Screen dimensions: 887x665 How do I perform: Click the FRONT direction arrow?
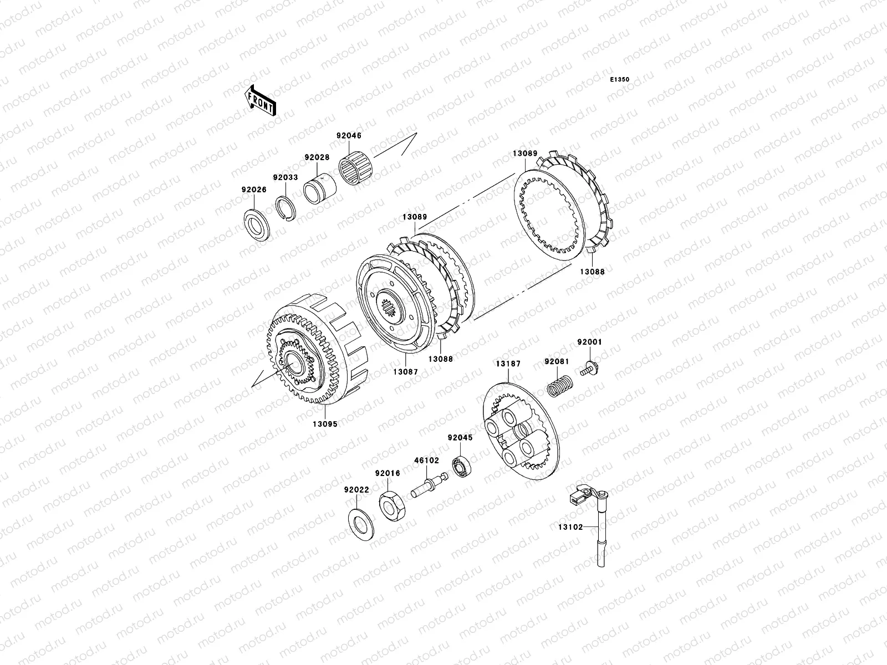click(260, 101)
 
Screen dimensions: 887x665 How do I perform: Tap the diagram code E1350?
click(619, 80)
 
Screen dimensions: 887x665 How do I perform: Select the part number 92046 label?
click(349, 136)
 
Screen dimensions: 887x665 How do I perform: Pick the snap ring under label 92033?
click(286, 208)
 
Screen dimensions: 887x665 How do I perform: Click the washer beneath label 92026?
click(257, 226)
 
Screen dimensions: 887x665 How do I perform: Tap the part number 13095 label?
click(325, 424)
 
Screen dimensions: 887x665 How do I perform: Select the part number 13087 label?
click(405, 372)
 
